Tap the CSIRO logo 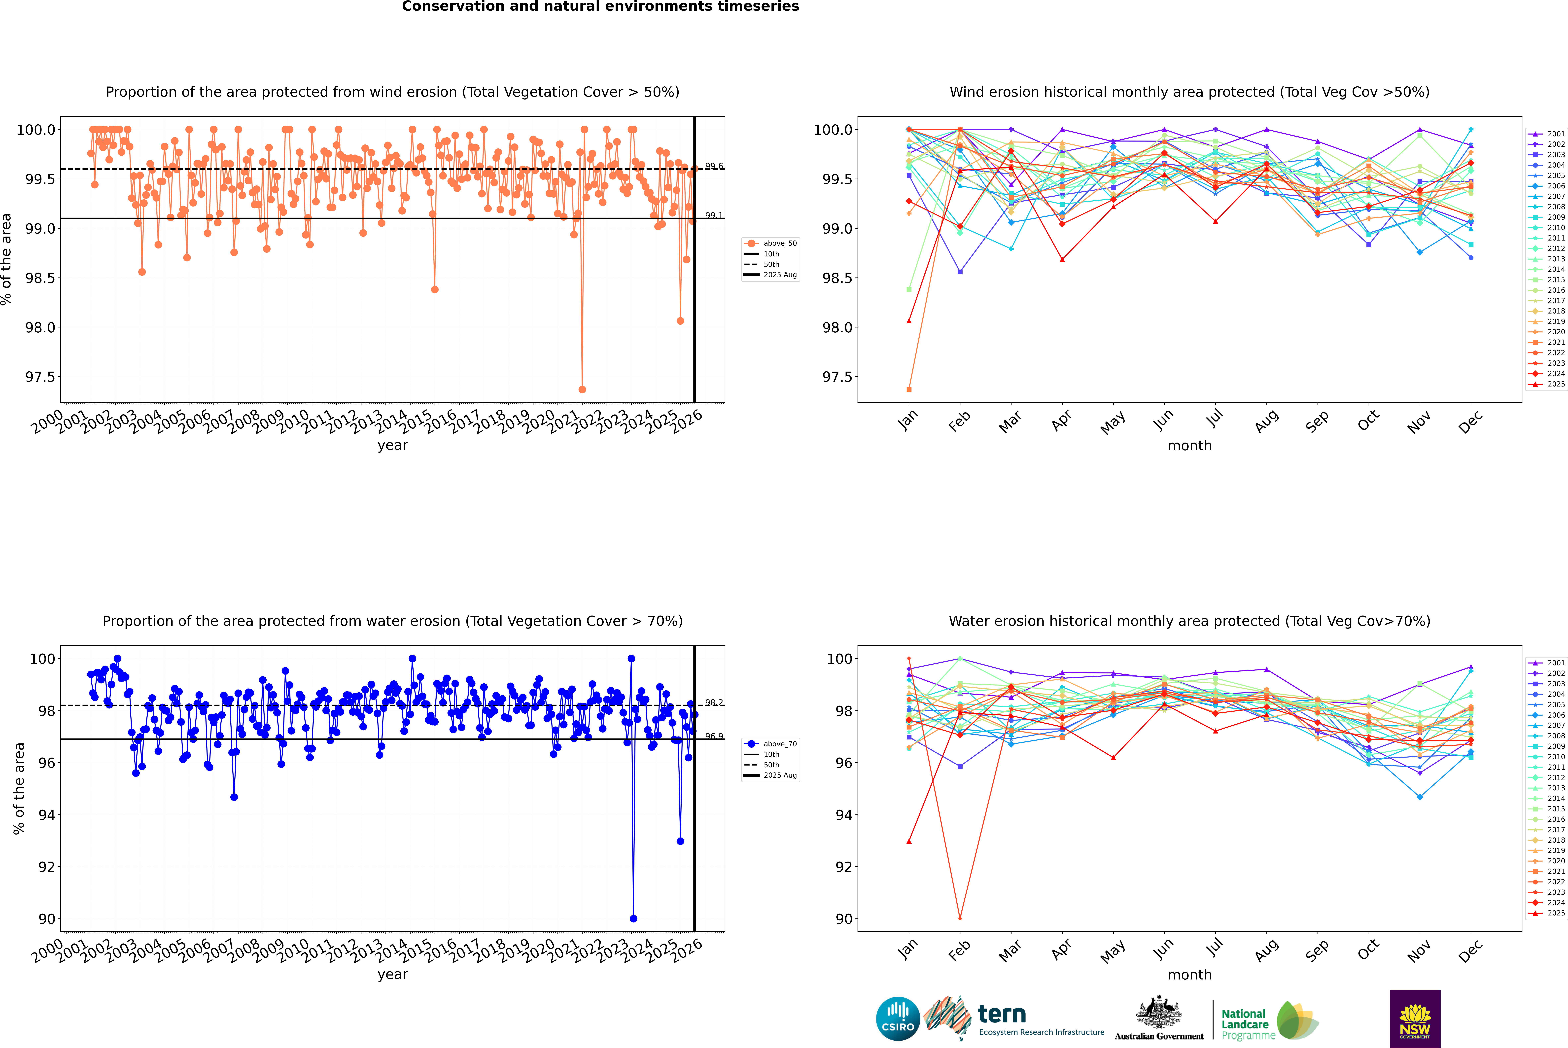click(x=898, y=1019)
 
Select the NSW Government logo click(x=1415, y=1019)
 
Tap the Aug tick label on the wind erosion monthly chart click(x=1267, y=421)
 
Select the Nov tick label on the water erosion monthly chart click(x=1419, y=950)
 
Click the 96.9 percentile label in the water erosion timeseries click(x=714, y=736)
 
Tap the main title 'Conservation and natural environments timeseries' click(x=600, y=7)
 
